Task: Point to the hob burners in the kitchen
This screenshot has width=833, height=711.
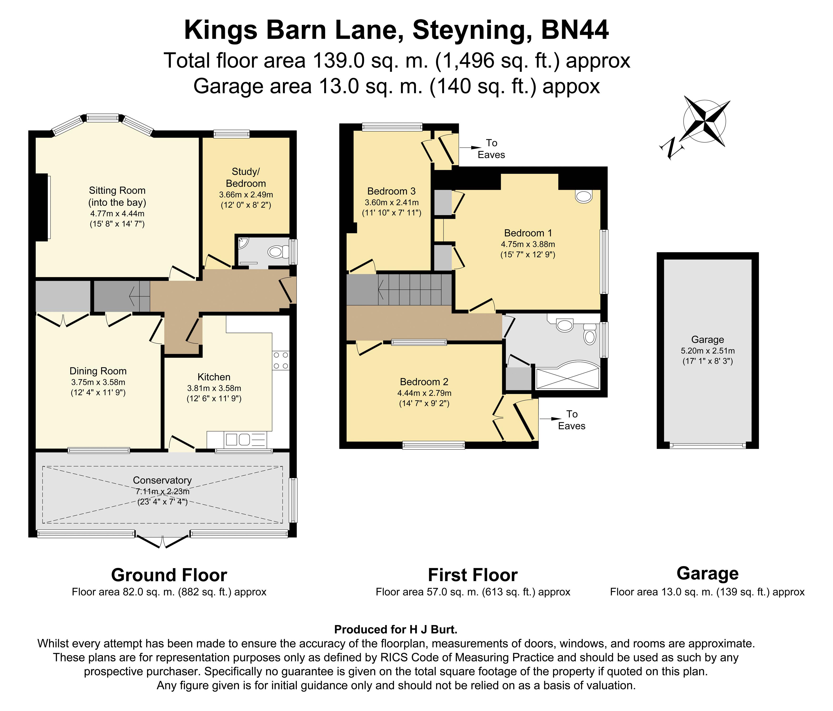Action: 281,361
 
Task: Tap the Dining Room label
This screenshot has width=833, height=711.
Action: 98,371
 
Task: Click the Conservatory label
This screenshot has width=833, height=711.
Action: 162,480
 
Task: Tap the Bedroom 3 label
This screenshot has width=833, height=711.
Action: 391,191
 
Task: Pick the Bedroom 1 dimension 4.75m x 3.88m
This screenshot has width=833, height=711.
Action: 528,244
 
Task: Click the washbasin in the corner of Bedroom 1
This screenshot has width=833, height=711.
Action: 584,196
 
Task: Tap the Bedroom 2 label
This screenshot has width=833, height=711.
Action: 424,382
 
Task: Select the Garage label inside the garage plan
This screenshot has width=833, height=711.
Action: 708,340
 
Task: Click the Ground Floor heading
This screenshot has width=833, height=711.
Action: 169,575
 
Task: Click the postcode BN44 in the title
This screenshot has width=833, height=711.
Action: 575,30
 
